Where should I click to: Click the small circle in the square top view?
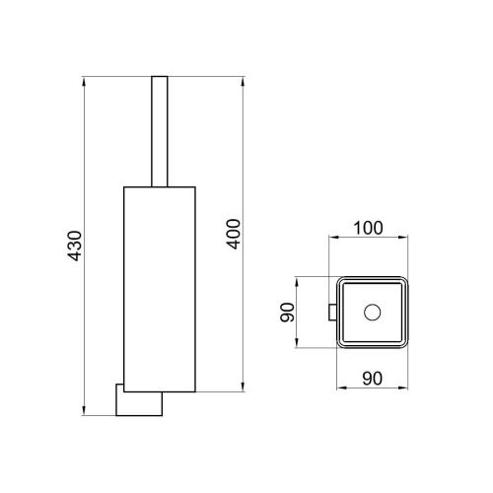tap(372, 314)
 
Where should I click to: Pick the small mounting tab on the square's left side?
tap(332, 313)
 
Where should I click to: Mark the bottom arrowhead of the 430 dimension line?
tap(86, 413)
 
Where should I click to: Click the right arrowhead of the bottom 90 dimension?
tap(406, 389)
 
